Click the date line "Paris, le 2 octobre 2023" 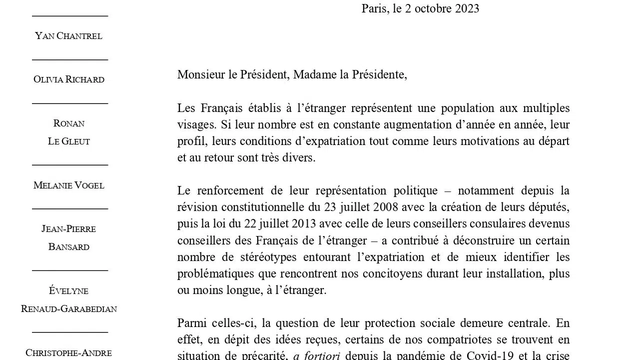click(420, 8)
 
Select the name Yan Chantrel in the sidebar click(69, 36)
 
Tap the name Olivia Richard click(69, 79)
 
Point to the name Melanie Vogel click(69, 185)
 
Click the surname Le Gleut click(69, 141)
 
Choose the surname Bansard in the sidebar click(69, 247)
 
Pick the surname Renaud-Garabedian click(69, 309)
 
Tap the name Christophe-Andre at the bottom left click(69, 353)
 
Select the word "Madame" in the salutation click(312, 75)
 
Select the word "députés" click(550, 207)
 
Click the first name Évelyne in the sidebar click(69, 291)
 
